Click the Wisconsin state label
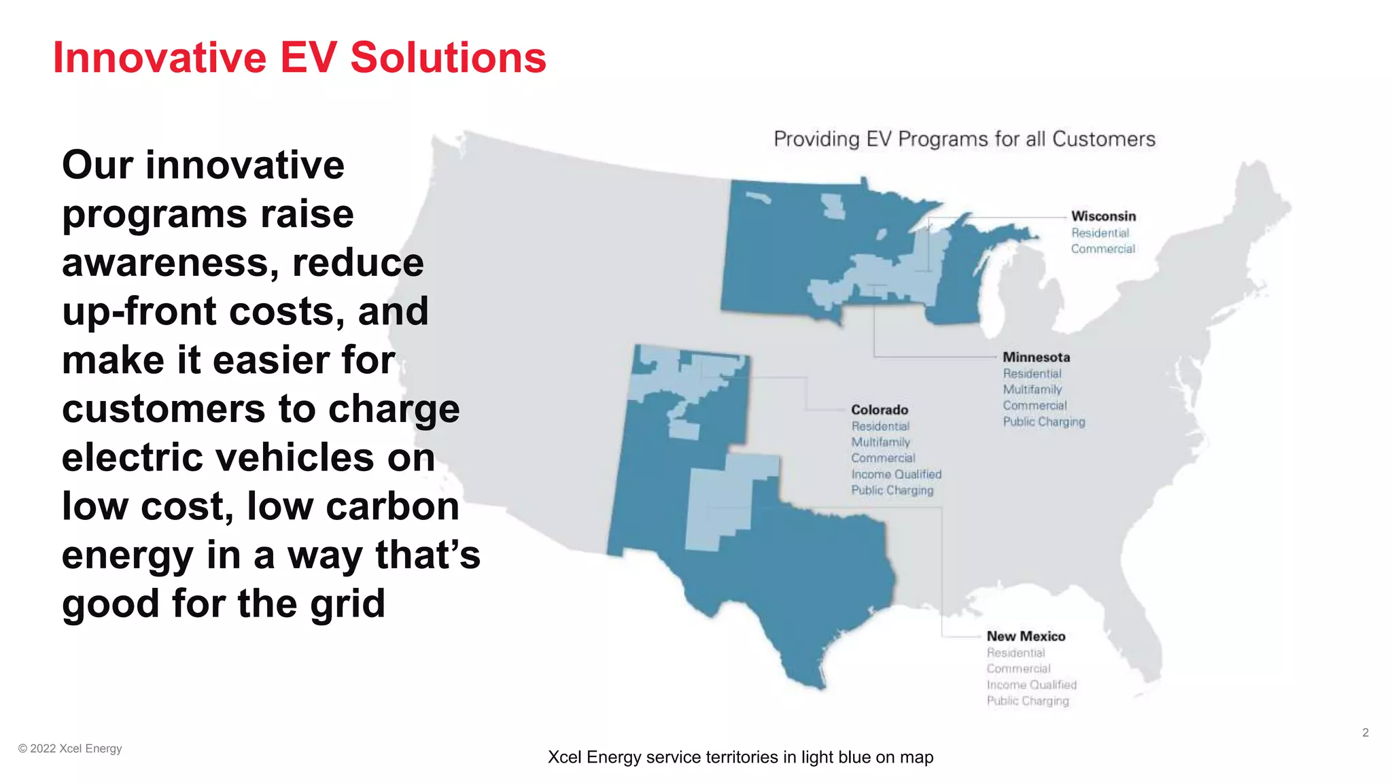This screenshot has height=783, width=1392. point(1103,216)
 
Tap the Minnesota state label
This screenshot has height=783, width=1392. point(1036,358)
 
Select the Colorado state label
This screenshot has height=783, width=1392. point(880,410)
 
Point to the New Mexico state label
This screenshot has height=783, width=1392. point(1026,637)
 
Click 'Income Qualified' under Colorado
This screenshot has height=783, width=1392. point(896,474)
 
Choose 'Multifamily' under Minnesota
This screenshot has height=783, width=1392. point(1032,389)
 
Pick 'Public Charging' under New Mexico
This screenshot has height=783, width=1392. point(1028,701)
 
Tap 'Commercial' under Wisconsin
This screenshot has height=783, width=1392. point(1102,249)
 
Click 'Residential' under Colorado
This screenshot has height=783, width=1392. point(880,426)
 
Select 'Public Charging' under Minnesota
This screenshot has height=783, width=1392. point(1043,422)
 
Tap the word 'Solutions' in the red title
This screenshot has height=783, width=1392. point(448,57)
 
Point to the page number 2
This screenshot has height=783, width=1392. point(1365,733)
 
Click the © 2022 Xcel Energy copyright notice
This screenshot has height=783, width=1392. point(70,748)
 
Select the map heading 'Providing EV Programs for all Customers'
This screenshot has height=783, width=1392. point(964,139)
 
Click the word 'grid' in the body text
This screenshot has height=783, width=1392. point(347,604)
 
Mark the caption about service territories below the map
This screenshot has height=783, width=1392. point(740,757)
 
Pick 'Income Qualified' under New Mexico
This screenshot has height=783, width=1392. point(1031,685)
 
